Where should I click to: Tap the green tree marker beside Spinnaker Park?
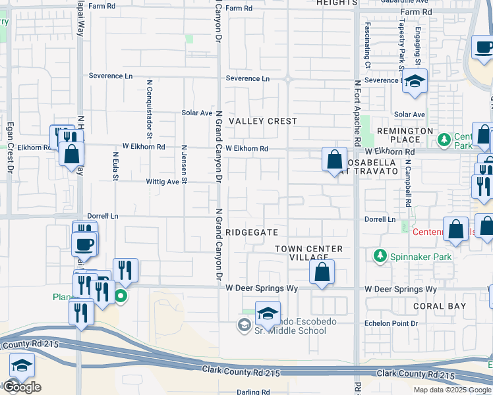pyautogui.click(x=380, y=255)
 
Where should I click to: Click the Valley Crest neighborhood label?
pyautogui.click(x=262, y=121)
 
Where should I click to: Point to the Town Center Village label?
pyautogui.click(x=309, y=253)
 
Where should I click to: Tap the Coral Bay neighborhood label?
pyautogui.click(x=440, y=306)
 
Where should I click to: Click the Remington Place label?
pyautogui.click(x=405, y=135)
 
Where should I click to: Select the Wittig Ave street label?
pyautogui.click(x=162, y=182)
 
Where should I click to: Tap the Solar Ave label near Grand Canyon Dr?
pyautogui.click(x=197, y=113)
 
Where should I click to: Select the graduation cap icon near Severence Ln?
pyautogui.click(x=415, y=81)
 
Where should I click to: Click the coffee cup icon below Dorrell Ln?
pyautogui.click(x=85, y=245)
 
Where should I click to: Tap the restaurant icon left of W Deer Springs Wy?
pyautogui.click(x=125, y=271)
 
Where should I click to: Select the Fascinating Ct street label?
pyautogui.click(x=368, y=45)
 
